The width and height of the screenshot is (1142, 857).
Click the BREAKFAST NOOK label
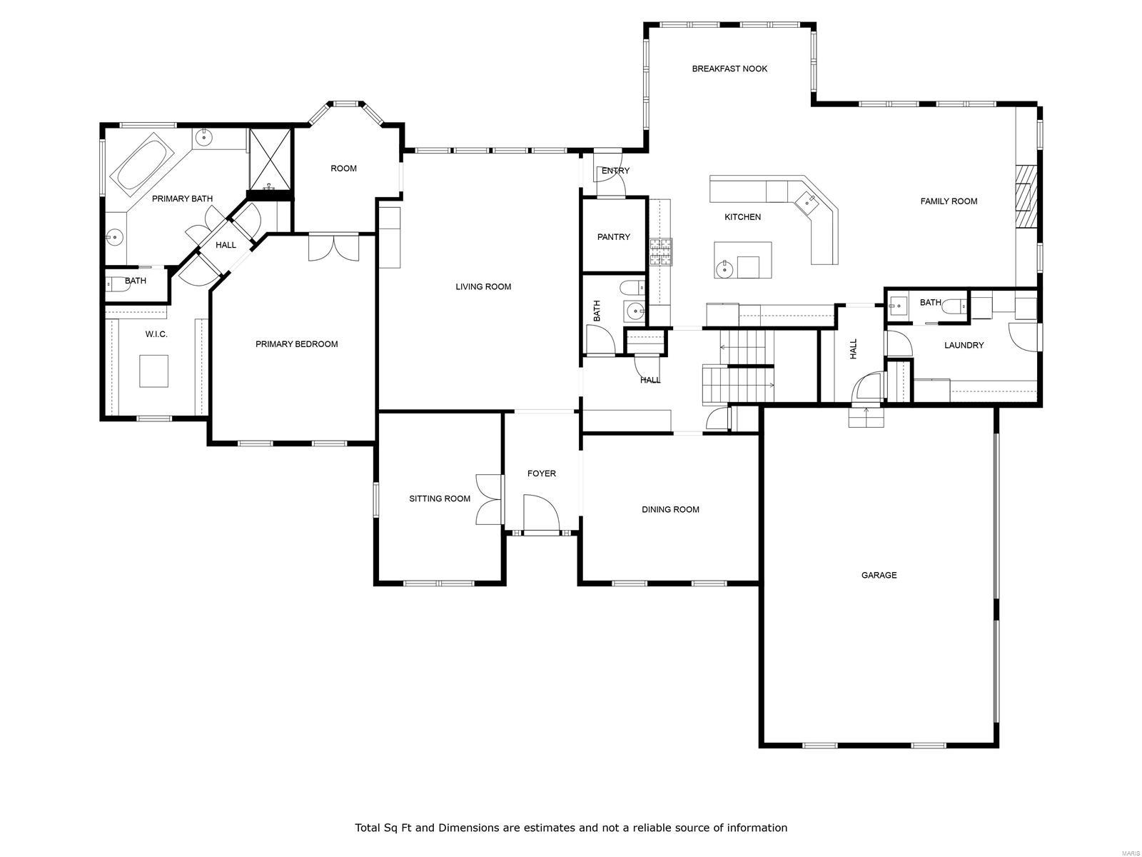coord(729,69)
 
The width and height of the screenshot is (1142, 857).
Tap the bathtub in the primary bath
coord(141,166)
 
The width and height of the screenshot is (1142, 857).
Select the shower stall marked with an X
coord(270,159)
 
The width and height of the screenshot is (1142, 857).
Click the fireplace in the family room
coord(1026,196)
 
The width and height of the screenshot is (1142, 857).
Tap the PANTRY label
coord(613,236)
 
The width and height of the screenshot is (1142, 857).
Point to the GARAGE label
coord(878,575)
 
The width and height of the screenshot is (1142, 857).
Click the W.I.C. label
coord(156,334)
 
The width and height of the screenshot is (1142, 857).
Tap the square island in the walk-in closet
coord(153,371)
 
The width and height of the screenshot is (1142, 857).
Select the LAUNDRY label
coord(963,345)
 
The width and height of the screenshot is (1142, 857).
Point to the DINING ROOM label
coord(669,509)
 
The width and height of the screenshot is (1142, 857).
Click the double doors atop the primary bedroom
coord(333,248)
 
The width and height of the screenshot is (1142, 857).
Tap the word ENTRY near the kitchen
coord(615,171)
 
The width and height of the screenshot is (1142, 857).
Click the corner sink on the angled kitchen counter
coord(808,202)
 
